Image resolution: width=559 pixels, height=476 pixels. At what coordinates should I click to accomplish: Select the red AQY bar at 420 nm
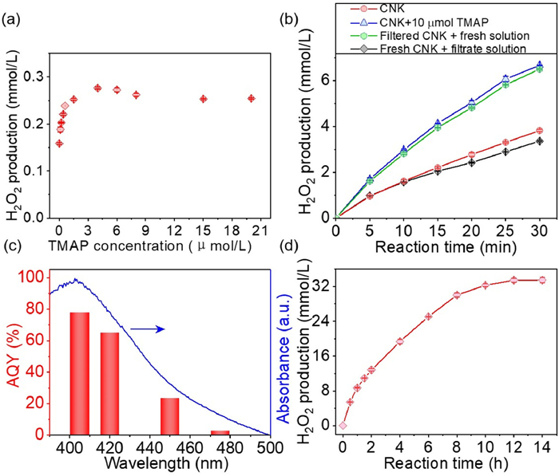click(x=109, y=384)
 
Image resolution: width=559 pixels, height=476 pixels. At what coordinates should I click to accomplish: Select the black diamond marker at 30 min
click(x=539, y=141)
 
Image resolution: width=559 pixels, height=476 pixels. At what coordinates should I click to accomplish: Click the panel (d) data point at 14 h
click(x=541, y=280)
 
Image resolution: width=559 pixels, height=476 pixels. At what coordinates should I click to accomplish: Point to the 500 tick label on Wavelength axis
click(x=271, y=446)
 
